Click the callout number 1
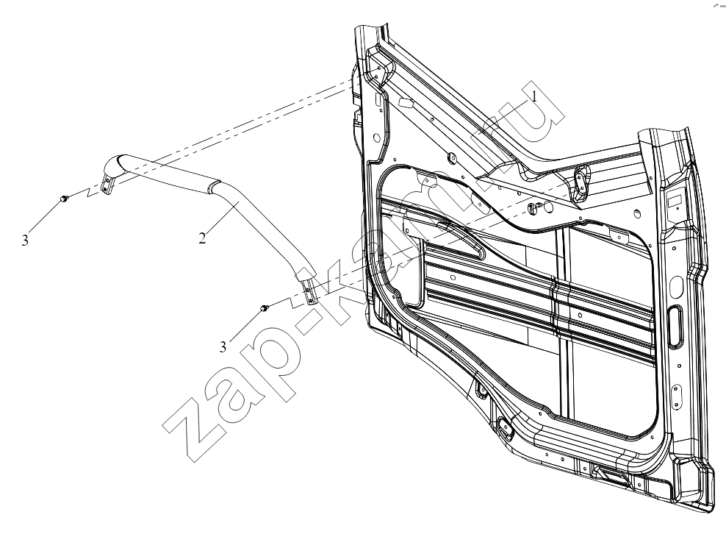[x=534, y=96]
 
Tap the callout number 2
[x=202, y=238]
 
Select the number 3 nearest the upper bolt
[x=25, y=240]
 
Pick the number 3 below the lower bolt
[x=223, y=346]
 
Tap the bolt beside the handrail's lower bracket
[x=265, y=307]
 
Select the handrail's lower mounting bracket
[x=309, y=291]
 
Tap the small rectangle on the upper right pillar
[x=674, y=201]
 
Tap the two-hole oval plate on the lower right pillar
[x=677, y=396]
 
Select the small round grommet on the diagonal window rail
[x=451, y=159]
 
